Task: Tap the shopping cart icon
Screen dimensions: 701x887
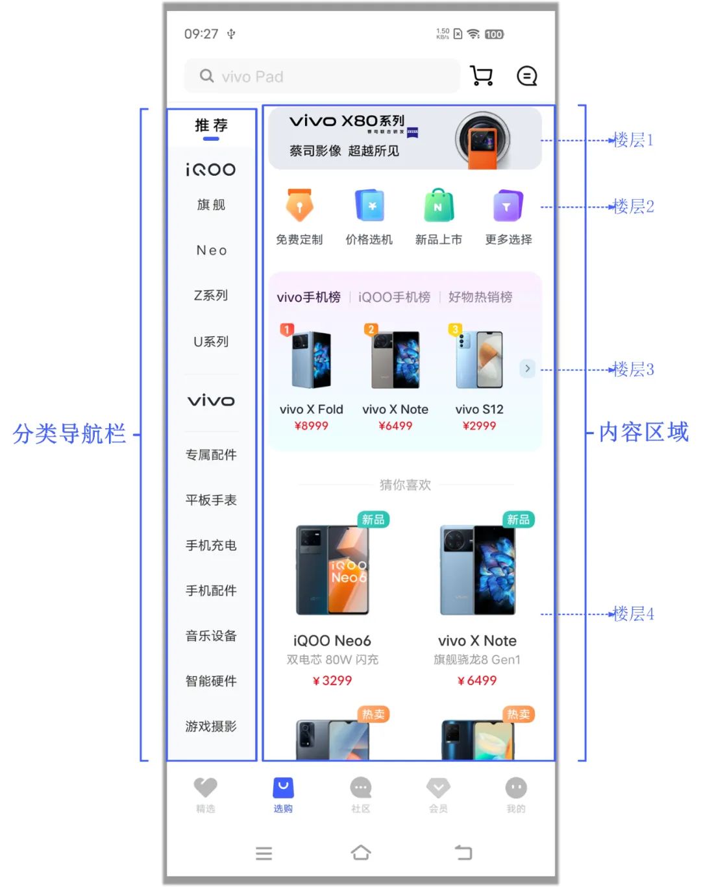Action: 481,76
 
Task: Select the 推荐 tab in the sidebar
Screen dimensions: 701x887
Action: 211,126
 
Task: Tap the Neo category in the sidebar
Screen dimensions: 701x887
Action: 212,250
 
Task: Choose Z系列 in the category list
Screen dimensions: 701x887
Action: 211,296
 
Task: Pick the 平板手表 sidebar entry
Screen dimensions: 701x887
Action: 211,500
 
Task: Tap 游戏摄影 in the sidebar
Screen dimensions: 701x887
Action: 211,726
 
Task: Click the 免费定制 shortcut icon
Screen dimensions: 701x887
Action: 299,207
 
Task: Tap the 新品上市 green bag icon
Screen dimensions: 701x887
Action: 438,206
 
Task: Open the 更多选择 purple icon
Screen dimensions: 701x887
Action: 508,206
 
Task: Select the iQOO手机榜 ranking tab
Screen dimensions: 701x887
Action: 394,297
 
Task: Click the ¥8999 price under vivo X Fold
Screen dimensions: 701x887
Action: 311,426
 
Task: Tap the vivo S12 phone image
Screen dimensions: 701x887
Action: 479,359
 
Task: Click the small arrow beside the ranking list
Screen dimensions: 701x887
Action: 527,369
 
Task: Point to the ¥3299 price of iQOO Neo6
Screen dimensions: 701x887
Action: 332,681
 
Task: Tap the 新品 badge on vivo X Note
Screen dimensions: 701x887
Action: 518,520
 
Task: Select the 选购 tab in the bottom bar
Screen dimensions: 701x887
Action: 283,794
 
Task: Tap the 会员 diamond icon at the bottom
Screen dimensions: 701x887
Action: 438,788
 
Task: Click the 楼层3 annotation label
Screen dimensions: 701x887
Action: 633,370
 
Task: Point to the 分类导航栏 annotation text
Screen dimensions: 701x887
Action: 69,433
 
